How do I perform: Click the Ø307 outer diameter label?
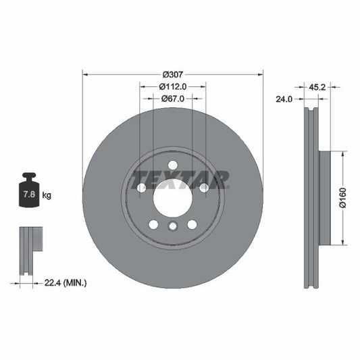tap(172, 74)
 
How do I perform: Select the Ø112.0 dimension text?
tap(172, 86)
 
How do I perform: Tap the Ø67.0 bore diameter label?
tap(172, 99)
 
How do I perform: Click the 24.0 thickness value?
tap(284, 99)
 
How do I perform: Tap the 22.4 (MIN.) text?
tap(66, 282)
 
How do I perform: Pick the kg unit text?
tap(47, 195)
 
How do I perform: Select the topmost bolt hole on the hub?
tap(172, 165)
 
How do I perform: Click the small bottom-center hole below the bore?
tap(172, 226)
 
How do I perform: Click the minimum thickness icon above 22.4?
tap(29, 251)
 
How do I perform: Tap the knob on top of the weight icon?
tap(29, 177)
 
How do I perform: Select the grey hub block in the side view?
tap(326, 198)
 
